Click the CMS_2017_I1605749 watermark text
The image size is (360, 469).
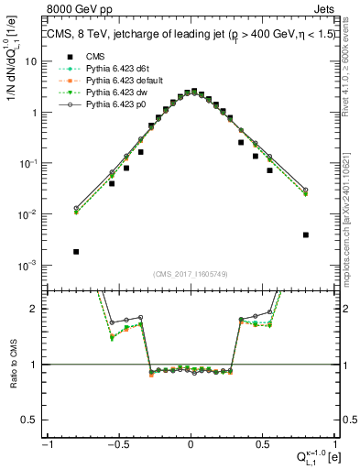[191, 274]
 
